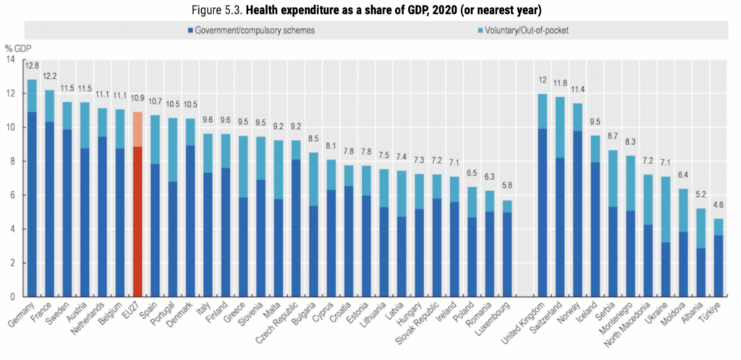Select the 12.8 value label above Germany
[32, 65]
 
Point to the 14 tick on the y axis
[10, 59]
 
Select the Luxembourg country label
[499, 321]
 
